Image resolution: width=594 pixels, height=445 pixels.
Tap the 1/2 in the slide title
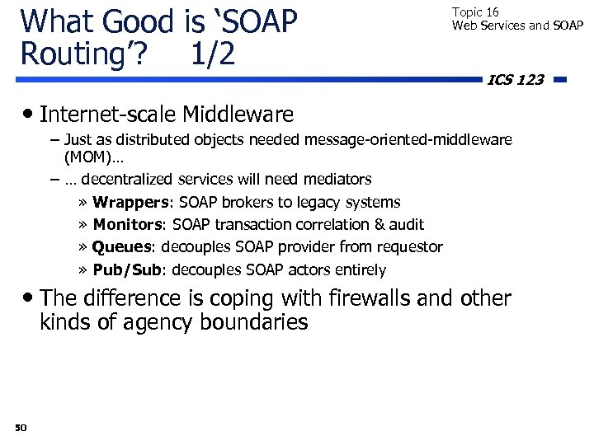212,54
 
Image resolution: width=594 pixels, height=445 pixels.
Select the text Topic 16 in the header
475,12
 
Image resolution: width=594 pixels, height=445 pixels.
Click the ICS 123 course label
516,80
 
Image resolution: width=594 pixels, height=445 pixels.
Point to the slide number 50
21,427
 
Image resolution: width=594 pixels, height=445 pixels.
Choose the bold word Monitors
128,224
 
